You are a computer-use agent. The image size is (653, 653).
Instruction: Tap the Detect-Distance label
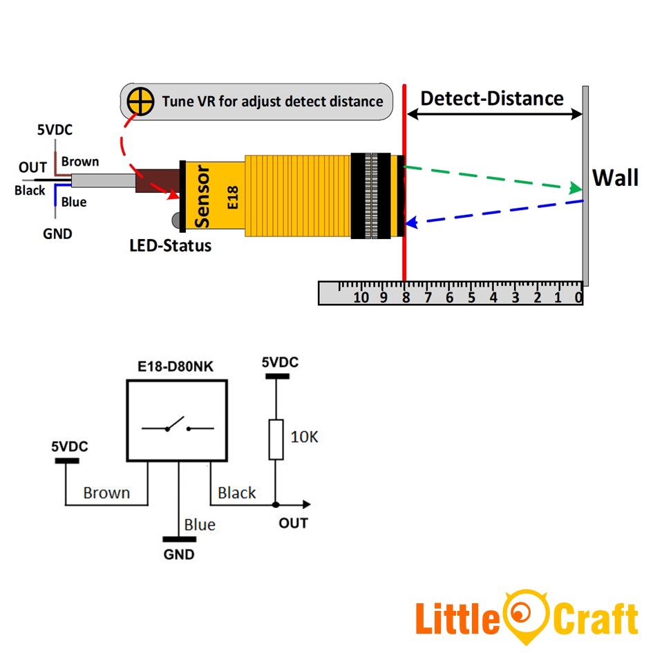[x=492, y=98]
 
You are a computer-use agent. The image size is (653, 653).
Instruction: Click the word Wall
[x=615, y=178]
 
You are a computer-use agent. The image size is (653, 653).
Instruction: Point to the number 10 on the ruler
[x=361, y=298]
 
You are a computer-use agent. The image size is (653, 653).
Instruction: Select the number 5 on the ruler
[x=471, y=298]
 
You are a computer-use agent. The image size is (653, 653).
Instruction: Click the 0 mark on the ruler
[x=578, y=298]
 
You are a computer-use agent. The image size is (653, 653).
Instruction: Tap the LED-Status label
[x=170, y=245]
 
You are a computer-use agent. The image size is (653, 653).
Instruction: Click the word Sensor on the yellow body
[x=203, y=196]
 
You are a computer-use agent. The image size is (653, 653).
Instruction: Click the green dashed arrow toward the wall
[x=491, y=178]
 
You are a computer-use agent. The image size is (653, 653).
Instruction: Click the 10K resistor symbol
[x=276, y=439]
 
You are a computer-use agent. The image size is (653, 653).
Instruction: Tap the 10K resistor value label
[x=304, y=437]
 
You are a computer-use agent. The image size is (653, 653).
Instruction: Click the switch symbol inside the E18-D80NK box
[x=178, y=426]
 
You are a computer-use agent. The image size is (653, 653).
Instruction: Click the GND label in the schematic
[x=179, y=554]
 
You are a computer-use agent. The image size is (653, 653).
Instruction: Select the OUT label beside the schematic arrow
[x=293, y=523]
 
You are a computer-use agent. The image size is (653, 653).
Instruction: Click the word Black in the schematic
[x=236, y=493]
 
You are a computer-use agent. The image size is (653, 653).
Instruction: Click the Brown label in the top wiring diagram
[x=80, y=162]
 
